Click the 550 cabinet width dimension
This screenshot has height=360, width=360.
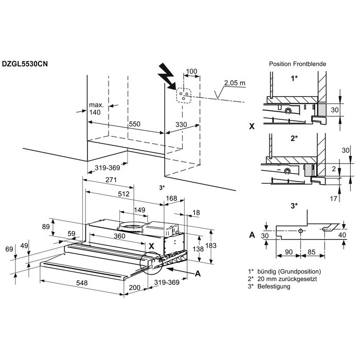click(x=134, y=124)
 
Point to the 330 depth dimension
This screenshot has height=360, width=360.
click(x=182, y=124)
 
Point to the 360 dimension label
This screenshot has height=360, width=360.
click(x=120, y=236)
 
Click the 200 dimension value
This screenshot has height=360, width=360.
click(x=134, y=288)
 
